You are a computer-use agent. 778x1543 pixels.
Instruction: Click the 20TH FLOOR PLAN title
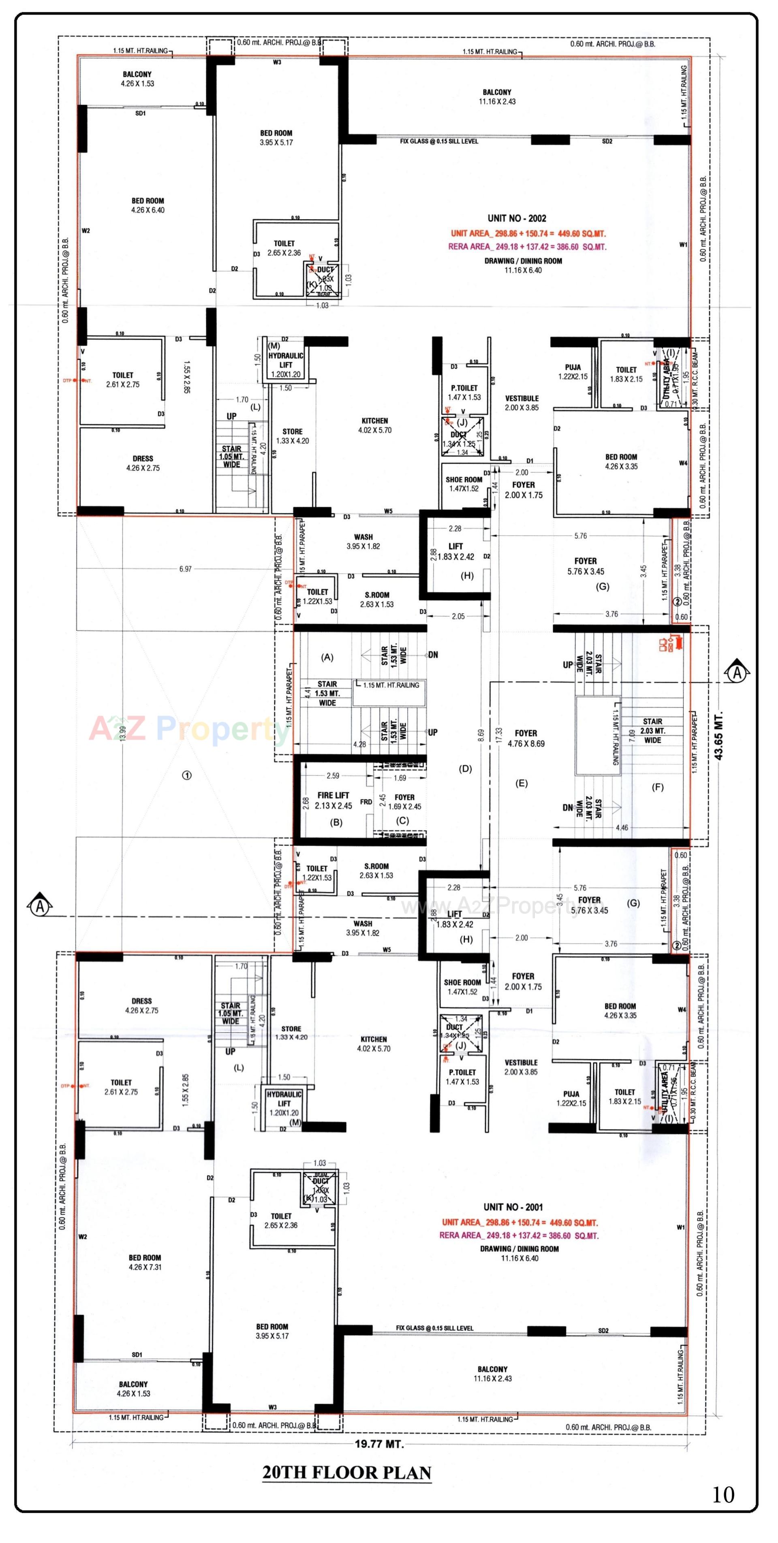[346, 1473]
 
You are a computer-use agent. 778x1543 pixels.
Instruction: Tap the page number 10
[723, 1496]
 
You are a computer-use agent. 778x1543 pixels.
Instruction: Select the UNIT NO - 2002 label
[516, 219]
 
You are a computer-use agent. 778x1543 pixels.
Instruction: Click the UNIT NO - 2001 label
[513, 1207]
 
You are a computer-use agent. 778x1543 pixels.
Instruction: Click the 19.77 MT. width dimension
[379, 1444]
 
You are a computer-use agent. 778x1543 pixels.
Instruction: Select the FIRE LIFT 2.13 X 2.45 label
[333, 800]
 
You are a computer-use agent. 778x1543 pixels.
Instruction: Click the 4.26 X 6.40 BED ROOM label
[147, 205]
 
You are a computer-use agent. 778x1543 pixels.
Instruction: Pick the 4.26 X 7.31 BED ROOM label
[144, 1262]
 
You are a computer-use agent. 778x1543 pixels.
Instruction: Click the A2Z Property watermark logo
[189, 729]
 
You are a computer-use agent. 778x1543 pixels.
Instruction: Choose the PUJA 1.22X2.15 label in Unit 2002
[573, 372]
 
